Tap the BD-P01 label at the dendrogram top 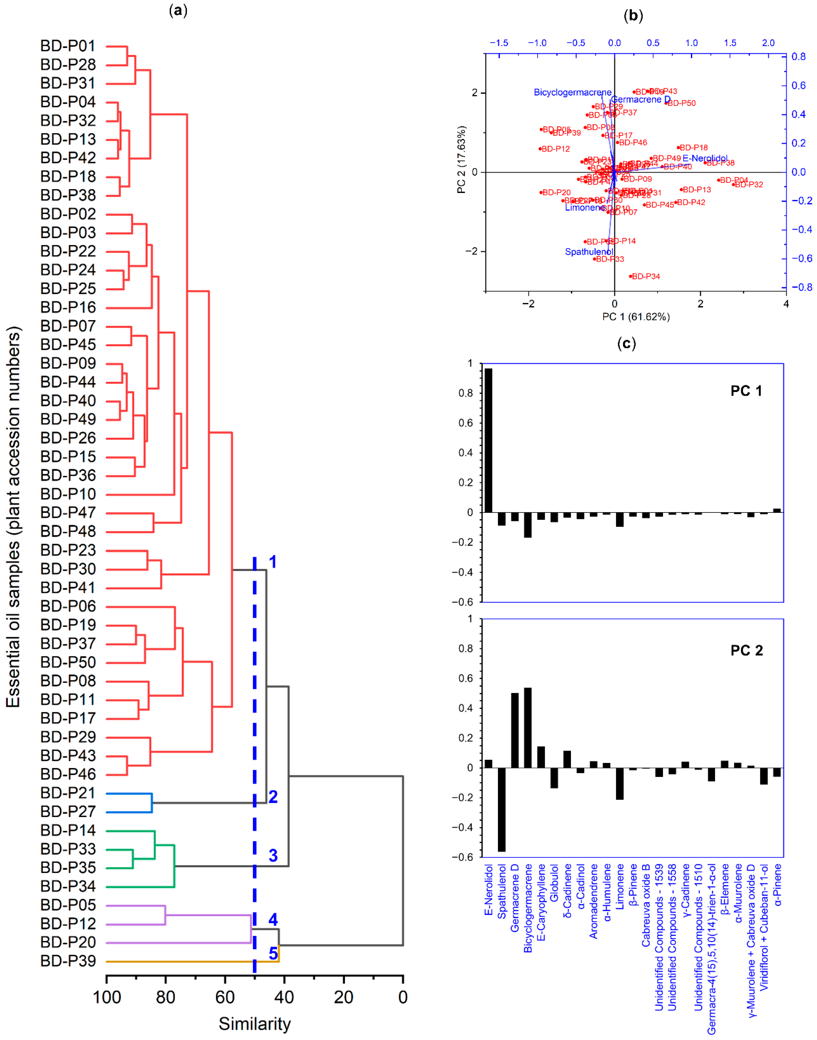(x=68, y=46)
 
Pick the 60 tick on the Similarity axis (x=225, y=997)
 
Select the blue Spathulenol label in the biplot (x=589, y=252)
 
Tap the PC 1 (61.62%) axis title (x=636, y=317)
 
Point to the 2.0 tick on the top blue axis (x=768, y=43)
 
